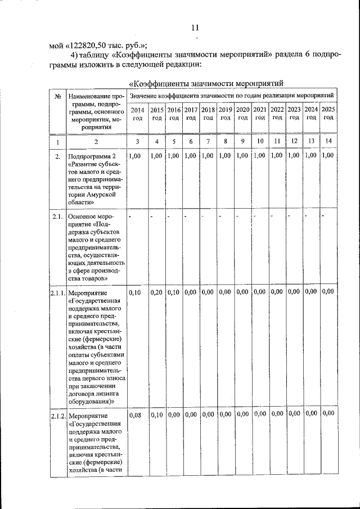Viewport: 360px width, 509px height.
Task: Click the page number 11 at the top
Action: (195, 28)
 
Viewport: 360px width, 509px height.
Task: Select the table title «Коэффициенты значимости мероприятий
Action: (205, 84)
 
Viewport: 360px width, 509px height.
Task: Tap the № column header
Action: (57, 96)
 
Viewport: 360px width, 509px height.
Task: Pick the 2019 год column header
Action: (225, 114)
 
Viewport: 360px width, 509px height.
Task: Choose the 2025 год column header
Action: (329, 114)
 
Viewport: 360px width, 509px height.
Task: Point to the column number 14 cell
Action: (329, 141)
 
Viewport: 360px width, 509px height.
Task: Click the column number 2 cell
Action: (96, 141)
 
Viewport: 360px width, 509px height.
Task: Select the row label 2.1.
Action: (57, 216)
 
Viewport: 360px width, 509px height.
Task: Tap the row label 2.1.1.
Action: (57, 293)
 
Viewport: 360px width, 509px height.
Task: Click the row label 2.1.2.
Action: (57, 416)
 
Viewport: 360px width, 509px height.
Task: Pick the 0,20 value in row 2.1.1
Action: (157, 292)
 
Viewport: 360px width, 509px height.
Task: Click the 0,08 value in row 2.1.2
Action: (135, 415)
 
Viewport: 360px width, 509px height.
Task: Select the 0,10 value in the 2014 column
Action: (135, 292)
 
